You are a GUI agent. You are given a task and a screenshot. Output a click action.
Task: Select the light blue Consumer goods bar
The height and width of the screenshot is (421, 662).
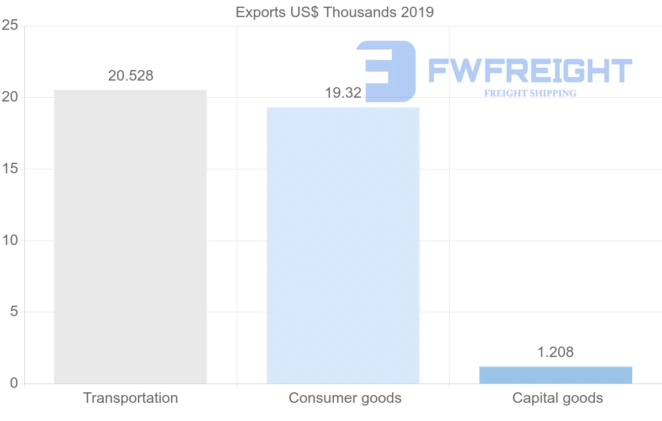pos(343,245)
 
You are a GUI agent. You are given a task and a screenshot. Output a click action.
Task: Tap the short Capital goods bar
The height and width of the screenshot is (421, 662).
pos(556,375)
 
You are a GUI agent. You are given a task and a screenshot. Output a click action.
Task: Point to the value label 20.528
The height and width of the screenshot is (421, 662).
pos(131,76)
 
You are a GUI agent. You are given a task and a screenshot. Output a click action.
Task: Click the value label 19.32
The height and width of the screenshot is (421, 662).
pos(343,93)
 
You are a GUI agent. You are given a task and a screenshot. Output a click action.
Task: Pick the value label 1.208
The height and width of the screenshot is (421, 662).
pos(556,352)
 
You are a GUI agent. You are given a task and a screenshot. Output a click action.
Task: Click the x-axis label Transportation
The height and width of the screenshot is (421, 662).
pos(131,398)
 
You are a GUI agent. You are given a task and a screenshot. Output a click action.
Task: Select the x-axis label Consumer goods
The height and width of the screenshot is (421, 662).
pos(345,398)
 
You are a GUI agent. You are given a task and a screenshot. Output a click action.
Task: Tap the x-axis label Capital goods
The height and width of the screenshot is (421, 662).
pos(558,398)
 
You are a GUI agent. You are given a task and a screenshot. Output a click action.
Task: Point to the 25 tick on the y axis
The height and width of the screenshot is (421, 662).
pos(10,26)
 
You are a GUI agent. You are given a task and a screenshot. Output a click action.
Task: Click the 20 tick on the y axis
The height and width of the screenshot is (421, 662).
pos(10,98)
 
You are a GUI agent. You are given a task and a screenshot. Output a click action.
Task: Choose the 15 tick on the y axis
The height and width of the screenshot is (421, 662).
pos(10,169)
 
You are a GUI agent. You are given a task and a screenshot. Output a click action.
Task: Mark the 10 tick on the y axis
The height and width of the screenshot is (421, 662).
pos(10,241)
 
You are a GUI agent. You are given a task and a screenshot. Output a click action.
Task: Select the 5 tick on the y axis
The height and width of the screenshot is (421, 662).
pos(14,312)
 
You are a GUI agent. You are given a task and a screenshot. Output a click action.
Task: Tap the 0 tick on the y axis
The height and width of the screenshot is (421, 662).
pos(14,383)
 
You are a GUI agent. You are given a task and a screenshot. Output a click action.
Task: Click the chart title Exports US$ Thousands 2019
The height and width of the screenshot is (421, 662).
pos(334,12)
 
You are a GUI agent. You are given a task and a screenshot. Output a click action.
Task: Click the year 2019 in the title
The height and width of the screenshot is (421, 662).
pos(418,12)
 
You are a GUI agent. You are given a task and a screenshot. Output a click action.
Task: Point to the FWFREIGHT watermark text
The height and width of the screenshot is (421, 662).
pos(530,71)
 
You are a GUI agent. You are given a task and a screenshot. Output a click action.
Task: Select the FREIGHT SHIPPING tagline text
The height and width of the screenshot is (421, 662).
pos(530,93)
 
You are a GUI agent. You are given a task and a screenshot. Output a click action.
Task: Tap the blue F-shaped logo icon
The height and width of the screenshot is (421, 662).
pos(386,71)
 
